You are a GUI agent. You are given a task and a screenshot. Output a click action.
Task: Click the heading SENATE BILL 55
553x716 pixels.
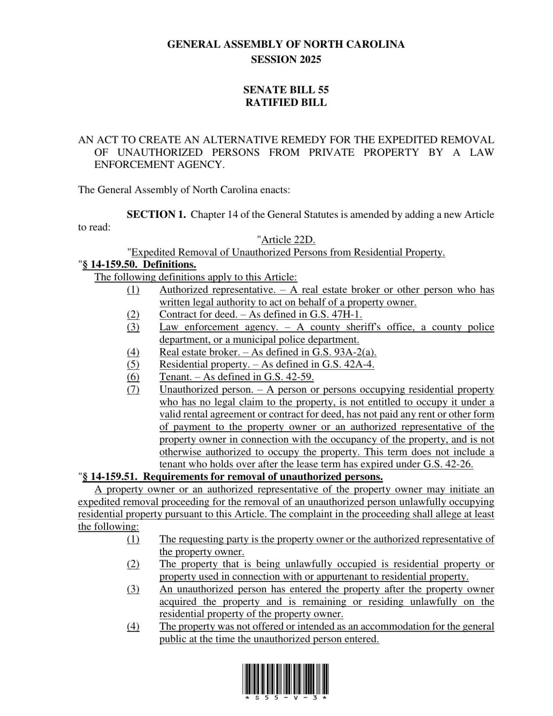click(285, 90)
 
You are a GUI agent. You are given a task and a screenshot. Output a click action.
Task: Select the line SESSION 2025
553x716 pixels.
click(285, 59)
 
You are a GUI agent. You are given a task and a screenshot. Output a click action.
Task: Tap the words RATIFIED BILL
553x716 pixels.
click(285, 103)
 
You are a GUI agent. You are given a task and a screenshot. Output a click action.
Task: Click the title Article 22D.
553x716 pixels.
click(288, 240)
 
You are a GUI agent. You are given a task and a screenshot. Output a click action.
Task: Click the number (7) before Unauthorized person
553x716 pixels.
click(133, 390)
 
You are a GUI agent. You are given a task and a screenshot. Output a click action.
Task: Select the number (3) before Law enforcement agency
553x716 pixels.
click(133, 327)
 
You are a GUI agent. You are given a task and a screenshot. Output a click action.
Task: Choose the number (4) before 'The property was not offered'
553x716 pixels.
click(133, 626)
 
